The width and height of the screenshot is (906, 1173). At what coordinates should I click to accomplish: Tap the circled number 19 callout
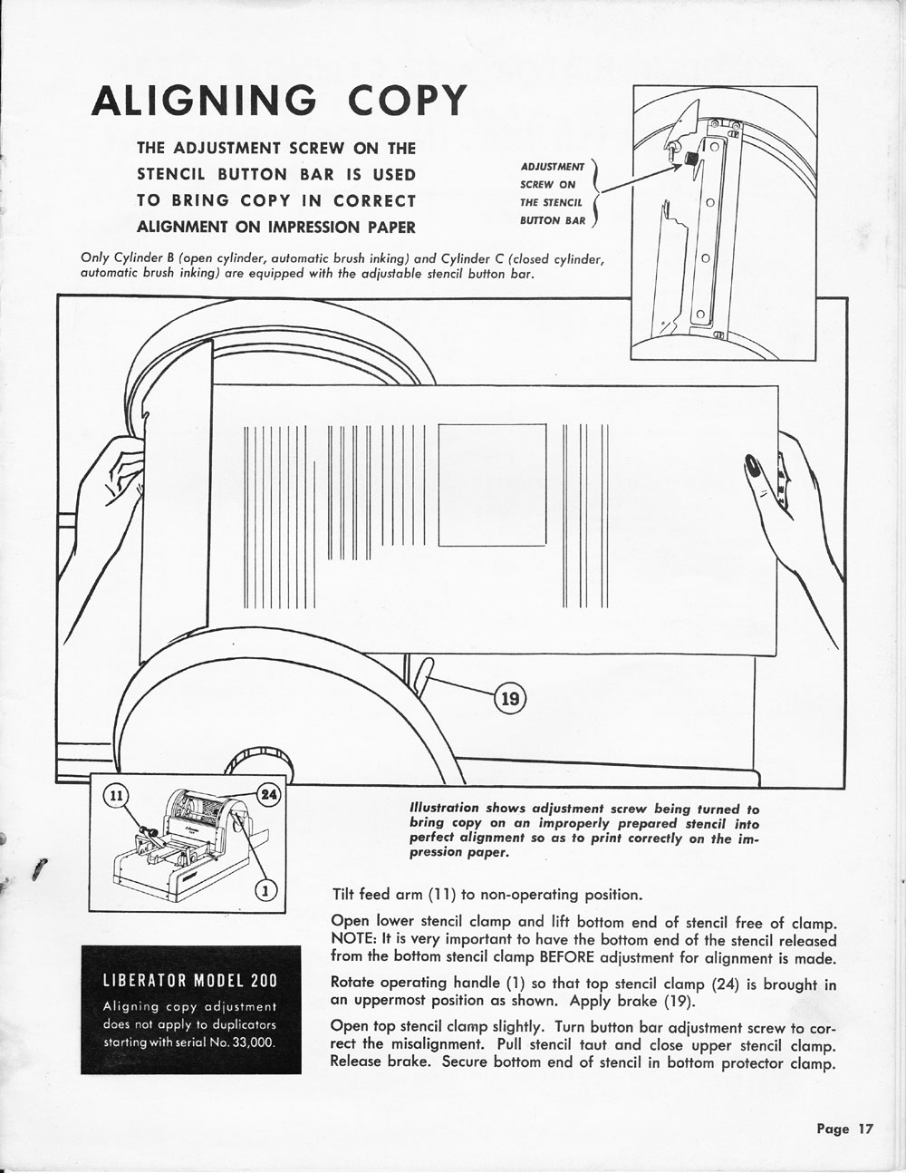coord(510,698)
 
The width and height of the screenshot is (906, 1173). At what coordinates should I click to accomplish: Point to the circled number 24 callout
coord(269,793)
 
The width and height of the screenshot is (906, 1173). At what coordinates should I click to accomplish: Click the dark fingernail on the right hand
coord(752,468)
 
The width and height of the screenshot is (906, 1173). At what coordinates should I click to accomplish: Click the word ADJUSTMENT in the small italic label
coord(553,167)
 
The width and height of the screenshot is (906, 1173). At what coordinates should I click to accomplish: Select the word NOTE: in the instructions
coord(349,940)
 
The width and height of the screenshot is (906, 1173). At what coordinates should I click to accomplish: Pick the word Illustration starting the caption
coord(445,809)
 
